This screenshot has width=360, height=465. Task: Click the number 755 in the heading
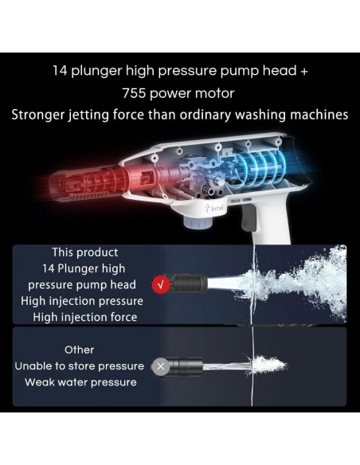coord(135,93)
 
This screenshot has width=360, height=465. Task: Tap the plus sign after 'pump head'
coord(304,72)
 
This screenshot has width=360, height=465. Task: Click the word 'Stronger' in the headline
coord(38,115)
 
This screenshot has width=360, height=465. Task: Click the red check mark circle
coord(161,285)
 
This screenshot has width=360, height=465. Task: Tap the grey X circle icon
coord(160,366)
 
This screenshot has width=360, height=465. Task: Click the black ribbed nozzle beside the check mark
coord(189,283)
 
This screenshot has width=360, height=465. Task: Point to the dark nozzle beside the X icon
coord(186,366)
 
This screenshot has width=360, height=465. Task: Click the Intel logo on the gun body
coord(214,208)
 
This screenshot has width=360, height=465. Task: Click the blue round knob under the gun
coord(198,222)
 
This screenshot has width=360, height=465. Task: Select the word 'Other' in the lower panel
coord(79,350)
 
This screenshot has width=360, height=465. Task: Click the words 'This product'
coord(85,252)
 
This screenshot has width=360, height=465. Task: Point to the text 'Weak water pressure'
coord(80,382)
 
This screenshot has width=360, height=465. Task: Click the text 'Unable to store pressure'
coord(80,366)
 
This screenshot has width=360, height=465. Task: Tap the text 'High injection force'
coord(85,318)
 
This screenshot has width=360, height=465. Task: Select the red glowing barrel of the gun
coord(89,182)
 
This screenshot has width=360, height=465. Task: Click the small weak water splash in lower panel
coord(266,364)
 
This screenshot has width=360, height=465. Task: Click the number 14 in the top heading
coord(61,71)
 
